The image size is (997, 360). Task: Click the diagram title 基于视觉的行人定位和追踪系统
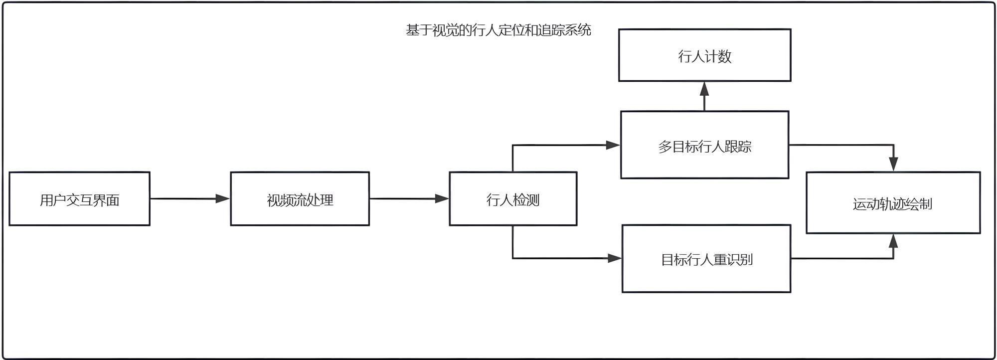tap(498, 30)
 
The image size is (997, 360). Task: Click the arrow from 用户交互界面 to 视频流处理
tap(189, 198)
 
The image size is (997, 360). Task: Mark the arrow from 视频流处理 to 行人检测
tap(409, 198)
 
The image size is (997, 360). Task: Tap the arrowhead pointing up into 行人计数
tap(704, 89)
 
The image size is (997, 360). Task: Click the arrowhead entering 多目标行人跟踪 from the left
tap(613, 145)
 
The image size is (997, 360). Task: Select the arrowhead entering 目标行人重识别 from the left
tap(615, 258)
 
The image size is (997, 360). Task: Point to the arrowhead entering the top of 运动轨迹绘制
tap(893, 164)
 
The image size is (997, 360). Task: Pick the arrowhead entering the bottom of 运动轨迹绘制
tap(893, 241)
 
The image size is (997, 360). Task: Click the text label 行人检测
tap(513, 200)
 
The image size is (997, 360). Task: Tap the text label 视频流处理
tap(300, 200)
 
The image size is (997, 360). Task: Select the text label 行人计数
tap(704, 56)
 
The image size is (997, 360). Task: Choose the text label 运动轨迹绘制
tap(892, 204)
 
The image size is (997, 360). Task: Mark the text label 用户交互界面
tap(79, 200)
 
